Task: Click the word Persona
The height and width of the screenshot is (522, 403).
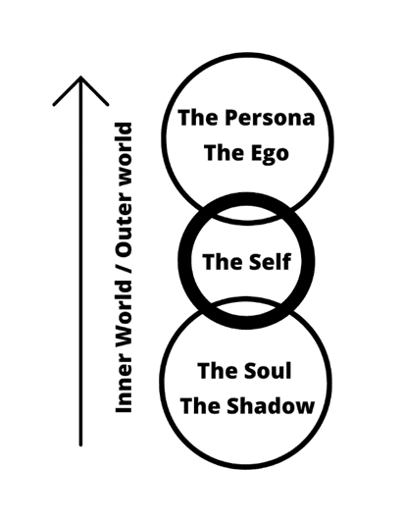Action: point(270,118)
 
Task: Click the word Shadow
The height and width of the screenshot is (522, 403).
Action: point(271,405)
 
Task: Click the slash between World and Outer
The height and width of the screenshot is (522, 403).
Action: point(124,267)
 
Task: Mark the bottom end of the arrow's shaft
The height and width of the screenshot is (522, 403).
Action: point(80,444)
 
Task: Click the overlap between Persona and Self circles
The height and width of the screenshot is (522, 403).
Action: point(246,213)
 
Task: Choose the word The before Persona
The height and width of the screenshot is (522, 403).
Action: point(198,118)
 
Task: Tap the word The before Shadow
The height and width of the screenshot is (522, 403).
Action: point(200,405)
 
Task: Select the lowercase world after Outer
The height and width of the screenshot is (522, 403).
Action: point(124,164)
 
